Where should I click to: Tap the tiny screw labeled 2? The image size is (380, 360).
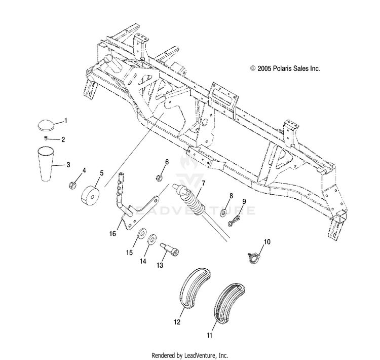pyautogui.click(x=46, y=138)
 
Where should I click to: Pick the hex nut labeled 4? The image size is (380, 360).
pyautogui.click(x=72, y=186)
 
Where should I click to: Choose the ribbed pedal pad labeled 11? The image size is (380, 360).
pyautogui.click(x=229, y=303)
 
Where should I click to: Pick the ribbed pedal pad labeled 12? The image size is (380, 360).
pyautogui.click(x=195, y=288)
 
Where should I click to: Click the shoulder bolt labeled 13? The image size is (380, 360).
pyautogui.click(x=169, y=249)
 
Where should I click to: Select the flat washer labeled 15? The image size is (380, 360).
pyautogui.click(x=141, y=233)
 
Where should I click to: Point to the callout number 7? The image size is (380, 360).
pyautogui.click(x=203, y=183)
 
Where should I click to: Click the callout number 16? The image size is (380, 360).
pyautogui.click(x=112, y=234)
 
